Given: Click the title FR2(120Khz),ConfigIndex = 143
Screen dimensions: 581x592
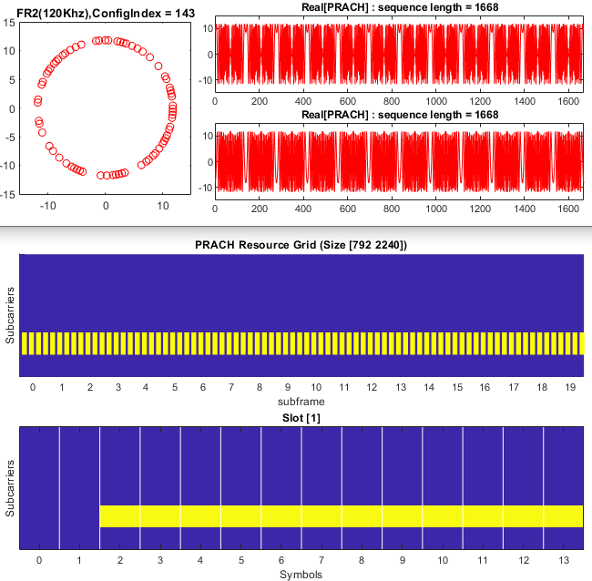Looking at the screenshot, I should point(104,8).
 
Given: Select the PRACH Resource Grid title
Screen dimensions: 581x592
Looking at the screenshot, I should point(301,245).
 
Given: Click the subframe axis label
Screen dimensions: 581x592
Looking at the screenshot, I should point(301,401).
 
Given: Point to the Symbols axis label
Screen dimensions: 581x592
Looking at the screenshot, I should point(301,574).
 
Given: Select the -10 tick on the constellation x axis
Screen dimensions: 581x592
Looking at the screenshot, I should point(48,207).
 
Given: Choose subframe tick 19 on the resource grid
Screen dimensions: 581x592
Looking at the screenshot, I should point(568,387).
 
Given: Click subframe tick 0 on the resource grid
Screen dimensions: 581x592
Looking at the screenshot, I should point(33,387).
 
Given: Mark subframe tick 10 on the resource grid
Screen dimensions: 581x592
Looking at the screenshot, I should point(314,387).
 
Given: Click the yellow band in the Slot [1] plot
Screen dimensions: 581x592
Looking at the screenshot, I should point(341,515).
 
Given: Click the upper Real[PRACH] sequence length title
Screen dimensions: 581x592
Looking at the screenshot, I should point(399,8).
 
